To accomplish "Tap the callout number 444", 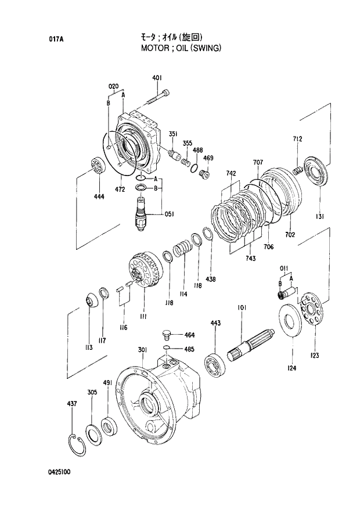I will (x=99, y=197).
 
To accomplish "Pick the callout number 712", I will (x=297, y=139).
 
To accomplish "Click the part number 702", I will (x=290, y=235).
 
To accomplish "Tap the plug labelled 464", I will (x=165, y=335).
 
